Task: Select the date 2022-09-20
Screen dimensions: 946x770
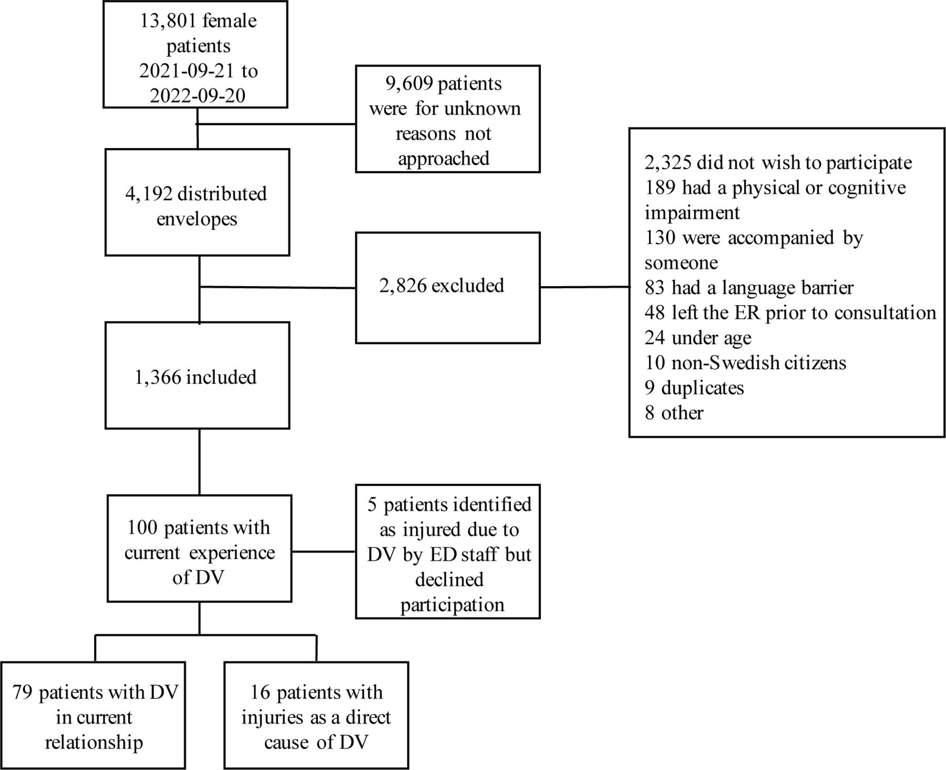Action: [x=198, y=96]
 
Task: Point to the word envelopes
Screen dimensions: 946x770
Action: [x=197, y=218]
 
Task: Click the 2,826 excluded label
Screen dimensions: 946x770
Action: [x=441, y=286]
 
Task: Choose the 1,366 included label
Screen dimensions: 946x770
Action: [x=196, y=377]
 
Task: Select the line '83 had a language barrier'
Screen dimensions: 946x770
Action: [x=749, y=288]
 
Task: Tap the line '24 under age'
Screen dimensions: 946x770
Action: [x=698, y=338]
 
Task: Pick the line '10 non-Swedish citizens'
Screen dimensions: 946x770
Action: [x=745, y=363]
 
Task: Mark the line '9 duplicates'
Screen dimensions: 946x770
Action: [x=694, y=388]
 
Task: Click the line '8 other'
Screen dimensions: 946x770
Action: [x=674, y=413]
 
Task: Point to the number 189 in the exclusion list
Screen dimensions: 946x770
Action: [x=660, y=188]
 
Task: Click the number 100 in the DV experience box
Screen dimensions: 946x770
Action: [x=142, y=527]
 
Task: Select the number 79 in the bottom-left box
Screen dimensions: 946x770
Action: [x=23, y=692]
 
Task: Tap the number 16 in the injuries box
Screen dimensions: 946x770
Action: [x=260, y=692]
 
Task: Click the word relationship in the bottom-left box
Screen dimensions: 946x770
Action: [x=94, y=743]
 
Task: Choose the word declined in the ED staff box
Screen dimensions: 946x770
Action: [x=449, y=579]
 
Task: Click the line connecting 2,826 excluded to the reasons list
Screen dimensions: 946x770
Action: [x=584, y=287]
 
